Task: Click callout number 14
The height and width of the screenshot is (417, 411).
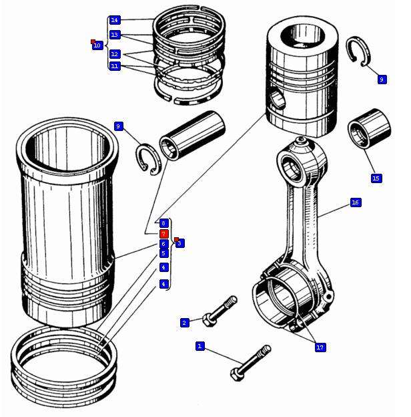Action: [115, 20]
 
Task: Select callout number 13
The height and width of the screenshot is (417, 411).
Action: [115, 35]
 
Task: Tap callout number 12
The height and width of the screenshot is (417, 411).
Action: [115, 53]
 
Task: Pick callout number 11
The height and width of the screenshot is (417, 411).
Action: [115, 66]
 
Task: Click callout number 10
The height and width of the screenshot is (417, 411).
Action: [97, 45]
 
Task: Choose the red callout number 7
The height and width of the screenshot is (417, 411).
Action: [163, 234]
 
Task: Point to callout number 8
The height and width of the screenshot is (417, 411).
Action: [163, 223]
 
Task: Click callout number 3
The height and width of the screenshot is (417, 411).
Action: [179, 243]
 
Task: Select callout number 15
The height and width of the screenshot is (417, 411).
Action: [376, 178]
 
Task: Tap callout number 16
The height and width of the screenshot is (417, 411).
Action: [355, 202]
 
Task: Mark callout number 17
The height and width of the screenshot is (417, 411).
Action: [320, 347]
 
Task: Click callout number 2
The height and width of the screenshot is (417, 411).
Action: [185, 323]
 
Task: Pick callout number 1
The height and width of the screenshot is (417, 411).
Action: [199, 346]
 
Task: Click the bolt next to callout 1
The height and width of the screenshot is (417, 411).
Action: [250, 362]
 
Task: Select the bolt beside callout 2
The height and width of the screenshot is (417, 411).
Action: [220, 312]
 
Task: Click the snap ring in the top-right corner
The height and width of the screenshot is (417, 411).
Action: [359, 51]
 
